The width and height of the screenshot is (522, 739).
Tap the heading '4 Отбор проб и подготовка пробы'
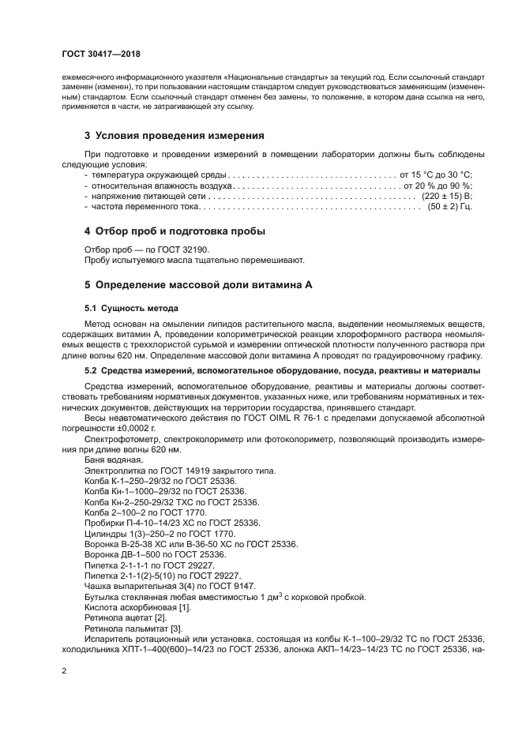tap(175, 231)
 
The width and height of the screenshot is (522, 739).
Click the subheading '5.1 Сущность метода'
tap(131, 307)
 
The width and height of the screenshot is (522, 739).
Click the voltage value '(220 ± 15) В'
tap(446, 194)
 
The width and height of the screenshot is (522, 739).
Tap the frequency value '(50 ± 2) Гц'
tap(449, 205)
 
